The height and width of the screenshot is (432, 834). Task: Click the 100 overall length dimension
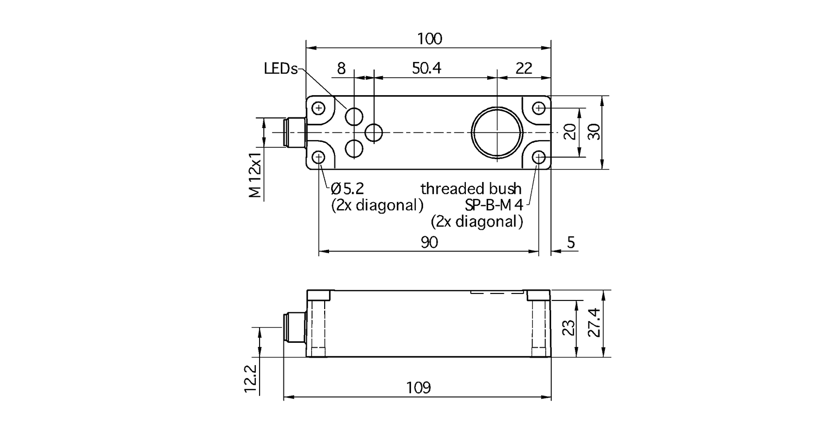429,39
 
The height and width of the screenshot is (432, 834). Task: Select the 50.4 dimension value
426,68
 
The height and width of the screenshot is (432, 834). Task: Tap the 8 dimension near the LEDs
341,68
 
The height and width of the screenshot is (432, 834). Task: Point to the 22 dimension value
523,68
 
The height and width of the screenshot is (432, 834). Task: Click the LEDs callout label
281,69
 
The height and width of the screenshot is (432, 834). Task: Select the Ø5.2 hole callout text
347,189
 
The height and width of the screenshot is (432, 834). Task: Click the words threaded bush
471,189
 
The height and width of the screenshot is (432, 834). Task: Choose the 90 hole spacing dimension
429,243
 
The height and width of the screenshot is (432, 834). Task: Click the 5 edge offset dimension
571,243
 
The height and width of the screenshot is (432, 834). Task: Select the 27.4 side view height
596,323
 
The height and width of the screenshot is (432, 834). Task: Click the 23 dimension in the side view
568,329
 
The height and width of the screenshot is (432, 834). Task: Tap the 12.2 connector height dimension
250,378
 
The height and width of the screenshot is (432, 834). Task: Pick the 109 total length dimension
418,388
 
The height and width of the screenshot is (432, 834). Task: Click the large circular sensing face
497,133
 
